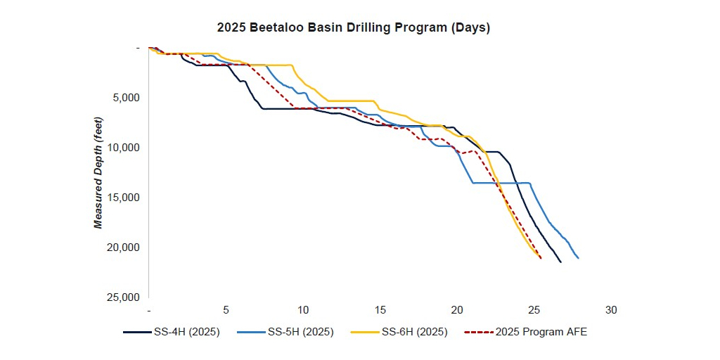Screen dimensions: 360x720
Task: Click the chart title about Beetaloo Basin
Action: point(354,28)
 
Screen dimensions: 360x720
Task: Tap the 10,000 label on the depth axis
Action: point(126,148)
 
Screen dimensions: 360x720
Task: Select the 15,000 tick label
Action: point(126,198)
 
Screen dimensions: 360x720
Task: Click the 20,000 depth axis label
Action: point(126,247)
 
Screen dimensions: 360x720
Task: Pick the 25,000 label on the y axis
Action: point(126,297)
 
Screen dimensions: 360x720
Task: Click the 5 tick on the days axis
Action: point(226,310)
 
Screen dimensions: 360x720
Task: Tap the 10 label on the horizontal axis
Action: point(303,310)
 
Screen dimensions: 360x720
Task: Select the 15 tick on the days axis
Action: point(380,310)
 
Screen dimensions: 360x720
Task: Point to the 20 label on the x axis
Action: point(457,310)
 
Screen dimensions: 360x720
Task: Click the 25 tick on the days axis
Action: point(534,310)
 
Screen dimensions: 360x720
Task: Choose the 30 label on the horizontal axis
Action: point(611,310)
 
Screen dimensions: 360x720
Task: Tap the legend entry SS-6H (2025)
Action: point(415,332)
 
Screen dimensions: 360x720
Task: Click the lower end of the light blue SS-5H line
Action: point(578,258)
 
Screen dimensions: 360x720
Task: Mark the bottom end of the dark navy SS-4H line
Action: point(560,262)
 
